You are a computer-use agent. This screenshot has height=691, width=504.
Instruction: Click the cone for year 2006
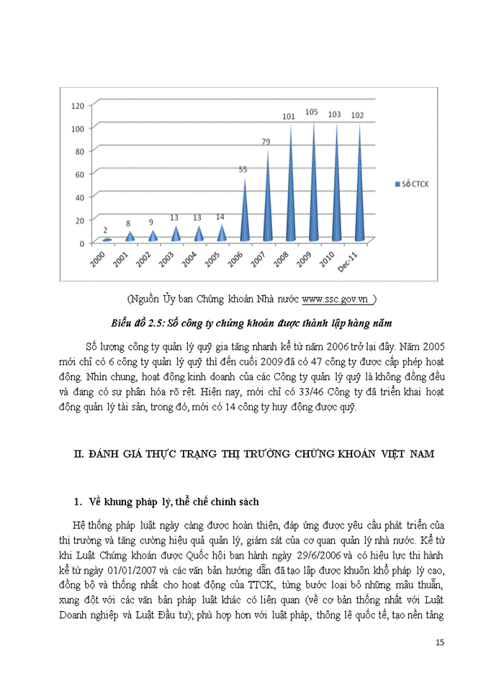pyautogui.click(x=244, y=216)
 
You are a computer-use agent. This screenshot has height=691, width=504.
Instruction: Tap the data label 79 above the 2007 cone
pyautogui.click(x=266, y=142)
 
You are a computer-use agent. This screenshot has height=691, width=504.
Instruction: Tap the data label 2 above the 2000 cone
pyautogui.click(x=107, y=229)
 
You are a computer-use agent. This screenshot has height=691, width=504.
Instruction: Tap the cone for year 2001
pyautogui.click(x=130, y=235)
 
